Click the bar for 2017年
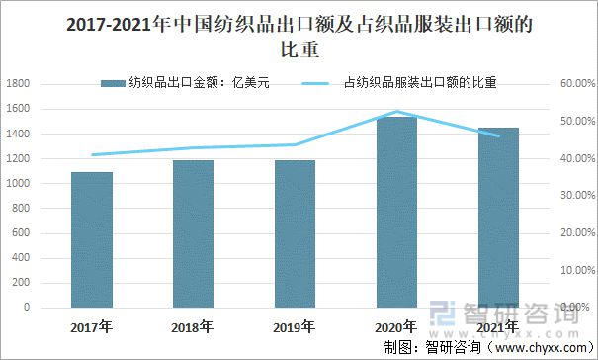[91, 239]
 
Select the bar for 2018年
[193, 233]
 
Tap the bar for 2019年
[295, 233]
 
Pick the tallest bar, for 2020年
[396, 212]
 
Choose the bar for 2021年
[498, 217]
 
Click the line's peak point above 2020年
[396, 112]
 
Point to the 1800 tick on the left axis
[17, 84]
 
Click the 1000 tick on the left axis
[17, 184]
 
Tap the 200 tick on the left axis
[21, 283]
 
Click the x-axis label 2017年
[91, 325]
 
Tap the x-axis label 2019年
[295, 325]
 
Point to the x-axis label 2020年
[396, 325]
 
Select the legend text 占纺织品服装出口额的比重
[419, 84]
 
